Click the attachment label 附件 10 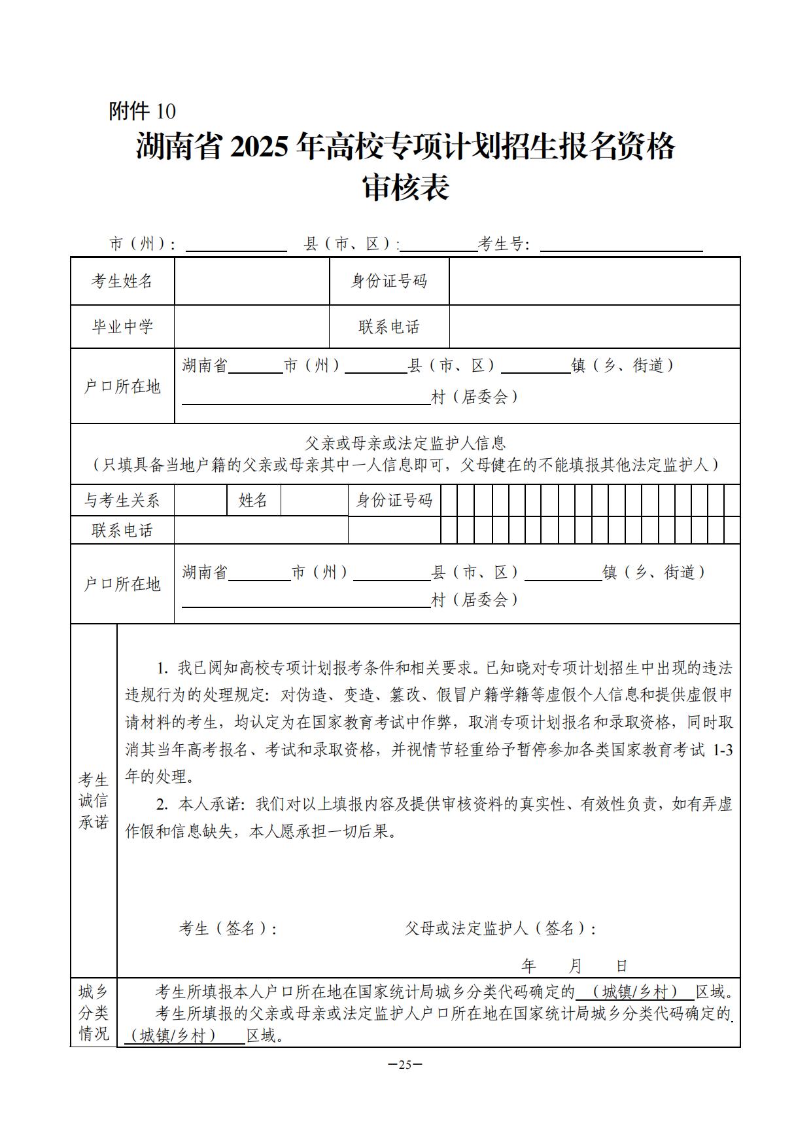point(142,111)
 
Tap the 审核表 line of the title point(405,188)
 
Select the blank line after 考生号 point(621,245)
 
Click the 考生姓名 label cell point(122,281)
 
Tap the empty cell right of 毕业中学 point(252,327)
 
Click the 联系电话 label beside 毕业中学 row point(389,327)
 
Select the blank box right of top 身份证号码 point(594,281)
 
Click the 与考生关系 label point(122,501)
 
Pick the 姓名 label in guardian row point(254,501)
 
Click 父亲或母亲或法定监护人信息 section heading point(405,444)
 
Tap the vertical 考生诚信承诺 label point(94,800)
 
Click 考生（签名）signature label point(228,928)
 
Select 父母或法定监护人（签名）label point(500,928)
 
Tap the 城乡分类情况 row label point(94,1013)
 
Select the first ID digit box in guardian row point(449,501)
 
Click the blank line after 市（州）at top point(236,245)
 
